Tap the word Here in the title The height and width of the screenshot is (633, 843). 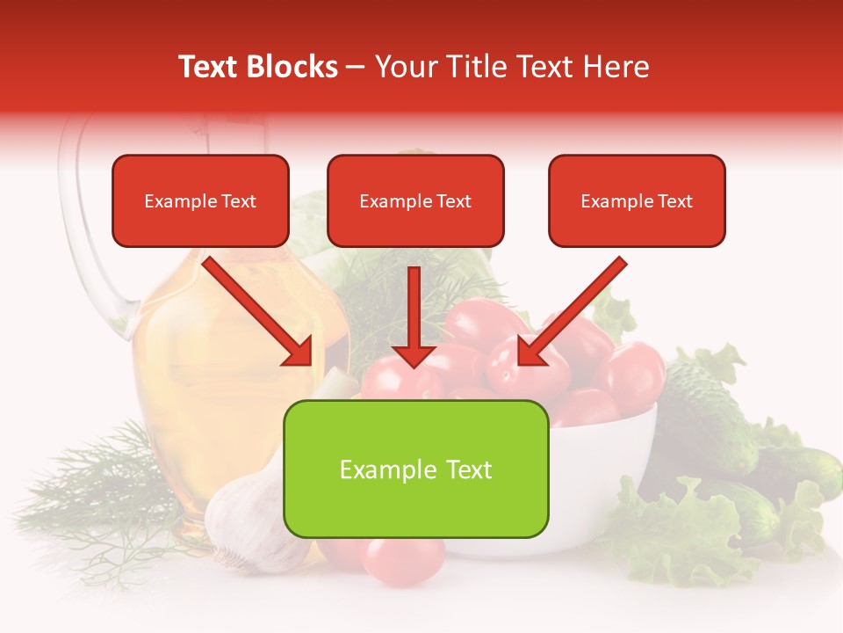614,67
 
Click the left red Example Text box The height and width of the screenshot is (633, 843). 200,200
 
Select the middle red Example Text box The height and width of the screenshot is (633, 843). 415,200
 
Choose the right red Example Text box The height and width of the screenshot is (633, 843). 637,200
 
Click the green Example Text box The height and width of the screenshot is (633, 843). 415,469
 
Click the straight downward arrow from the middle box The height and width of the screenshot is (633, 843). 414,316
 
